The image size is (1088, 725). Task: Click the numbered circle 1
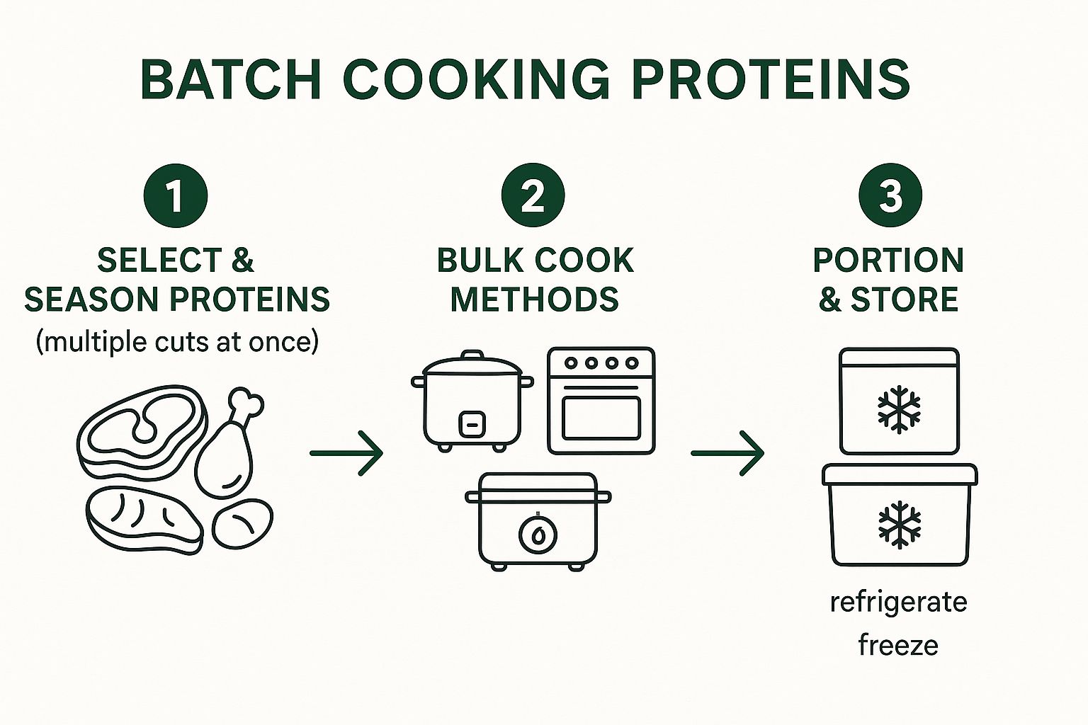(x=175, y=195)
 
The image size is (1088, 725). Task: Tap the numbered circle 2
(x=533, y=195)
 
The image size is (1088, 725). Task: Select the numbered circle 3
(x=890, y=195)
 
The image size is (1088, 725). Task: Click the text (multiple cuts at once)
(x=177, y=342)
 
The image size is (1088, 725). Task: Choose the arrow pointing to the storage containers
(x=727, y=452)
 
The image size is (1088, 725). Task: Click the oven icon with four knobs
(x=601, y=401)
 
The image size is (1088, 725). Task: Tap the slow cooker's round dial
(x=538, y=535)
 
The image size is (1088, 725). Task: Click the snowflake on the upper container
(x=899, y=409)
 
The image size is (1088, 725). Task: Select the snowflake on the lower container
(x=900, y=525)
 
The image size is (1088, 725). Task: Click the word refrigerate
(x=898, y=603)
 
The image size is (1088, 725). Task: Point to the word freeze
(x=898, y=645)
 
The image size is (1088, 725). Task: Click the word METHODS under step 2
(x=534, y=299)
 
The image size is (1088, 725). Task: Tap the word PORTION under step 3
(x=888, y=261)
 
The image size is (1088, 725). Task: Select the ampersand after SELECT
(x=243, y=261)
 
